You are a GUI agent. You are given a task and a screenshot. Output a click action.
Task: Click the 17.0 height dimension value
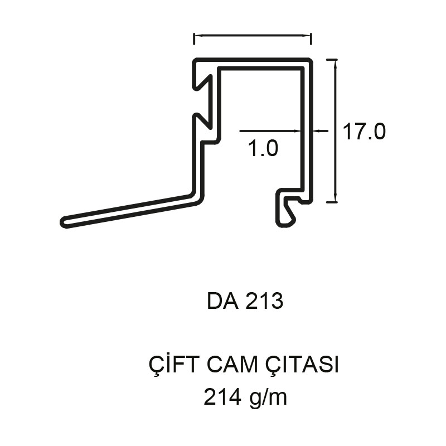365,132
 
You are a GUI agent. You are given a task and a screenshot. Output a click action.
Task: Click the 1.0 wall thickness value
263,148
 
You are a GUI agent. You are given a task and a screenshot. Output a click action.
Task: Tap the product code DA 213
245,301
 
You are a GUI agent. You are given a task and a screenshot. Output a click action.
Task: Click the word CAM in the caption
232,365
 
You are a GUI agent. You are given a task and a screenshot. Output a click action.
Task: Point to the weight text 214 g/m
245,397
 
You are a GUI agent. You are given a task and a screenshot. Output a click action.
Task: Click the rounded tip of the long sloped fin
64,222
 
